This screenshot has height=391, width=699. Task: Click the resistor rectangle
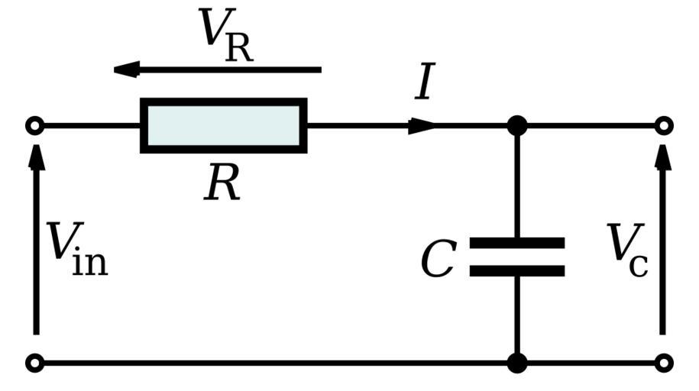tap(224, 125)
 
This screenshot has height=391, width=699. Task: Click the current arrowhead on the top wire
tap(422, 125)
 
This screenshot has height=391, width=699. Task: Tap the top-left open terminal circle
tap(34, 125)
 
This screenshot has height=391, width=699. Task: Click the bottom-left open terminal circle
tap(34, 363)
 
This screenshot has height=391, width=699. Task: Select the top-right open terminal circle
tap(664, 125)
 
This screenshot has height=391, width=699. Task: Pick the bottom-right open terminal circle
tap(664, 363)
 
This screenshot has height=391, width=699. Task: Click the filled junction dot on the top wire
tap(517, 125)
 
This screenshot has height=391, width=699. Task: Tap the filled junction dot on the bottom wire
tap(517, 363)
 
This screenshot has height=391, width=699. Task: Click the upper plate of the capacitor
tap(517, 243)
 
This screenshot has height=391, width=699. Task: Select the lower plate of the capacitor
tap(517, 270)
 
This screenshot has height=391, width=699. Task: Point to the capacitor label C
tap(438, 260)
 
